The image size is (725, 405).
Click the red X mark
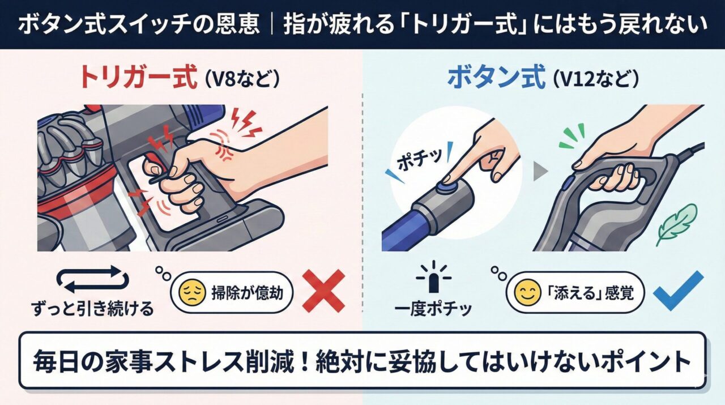coord(323,290)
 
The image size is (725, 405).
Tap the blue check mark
coord(678,290)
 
